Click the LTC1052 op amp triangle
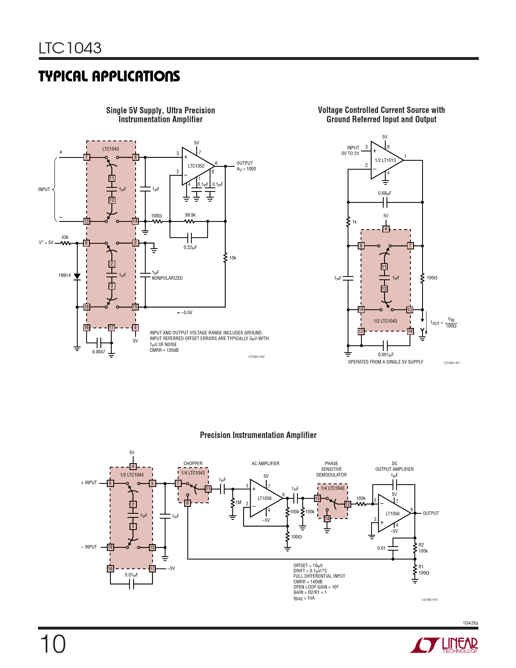click(x=196, y=166)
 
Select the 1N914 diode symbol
click(x=77, y=277)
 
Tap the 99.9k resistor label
click(x=190, y=215)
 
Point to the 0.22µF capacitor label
click(x=190, y=247)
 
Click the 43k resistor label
click(x=65, y=237)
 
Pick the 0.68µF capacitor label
click(x=384, y=193)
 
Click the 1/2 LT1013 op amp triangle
click(x=385, y=160)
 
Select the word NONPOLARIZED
click(x=167, y=278)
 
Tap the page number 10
click(x=53, y=644)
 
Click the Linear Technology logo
click(x=444, y=645)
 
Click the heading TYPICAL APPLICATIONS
click(x=109, y=76)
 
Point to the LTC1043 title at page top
click(x=70, y=48)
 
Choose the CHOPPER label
click(x=193, y=464)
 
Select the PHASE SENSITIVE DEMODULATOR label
click(x=331, y=469)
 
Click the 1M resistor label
click(x=238, y=502)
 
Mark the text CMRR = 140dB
click(x=308, y=582)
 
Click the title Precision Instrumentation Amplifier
click(x=258, y=435)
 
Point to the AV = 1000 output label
click(x=246, y=169)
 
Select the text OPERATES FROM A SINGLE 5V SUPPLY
click(x=386, y=362)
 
